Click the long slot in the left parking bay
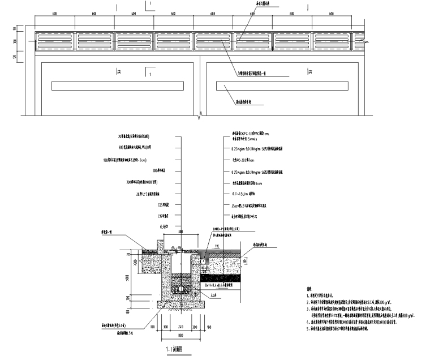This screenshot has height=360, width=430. pos(113,86)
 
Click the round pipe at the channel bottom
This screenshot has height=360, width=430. pos(179,288)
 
